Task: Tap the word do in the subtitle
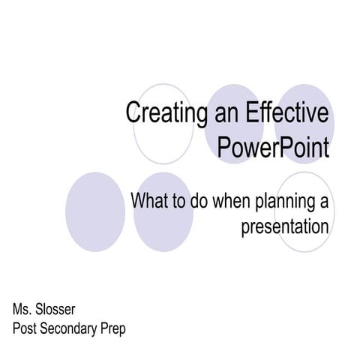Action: [x=204, y=201]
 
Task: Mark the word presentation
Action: [x=285, y=226]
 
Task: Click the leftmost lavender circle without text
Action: [x=94, y=212]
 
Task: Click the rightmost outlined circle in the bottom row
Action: [x=300, y=212]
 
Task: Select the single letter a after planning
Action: [x=325, y=201]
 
